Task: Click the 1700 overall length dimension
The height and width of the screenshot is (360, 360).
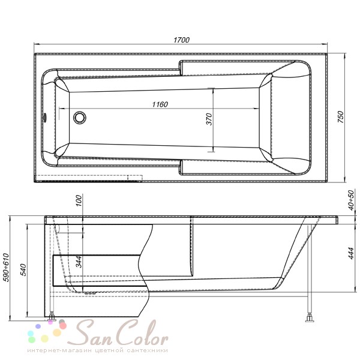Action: (181, 40)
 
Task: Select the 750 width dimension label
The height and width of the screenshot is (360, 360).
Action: (341, 117)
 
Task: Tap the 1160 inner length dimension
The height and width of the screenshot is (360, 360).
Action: (160, 104)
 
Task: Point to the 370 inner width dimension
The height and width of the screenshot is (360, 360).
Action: (209, 119)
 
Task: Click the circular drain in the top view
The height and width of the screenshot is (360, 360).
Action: (80, 118)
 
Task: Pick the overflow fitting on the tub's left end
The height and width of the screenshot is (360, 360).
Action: (44, 117)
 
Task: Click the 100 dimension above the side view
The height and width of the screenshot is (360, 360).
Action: (79, 200)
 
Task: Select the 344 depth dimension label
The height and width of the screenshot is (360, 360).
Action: (79, 262)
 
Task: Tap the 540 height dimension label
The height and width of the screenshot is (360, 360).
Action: (23, 270)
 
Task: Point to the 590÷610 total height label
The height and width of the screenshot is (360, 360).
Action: (6, 268)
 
